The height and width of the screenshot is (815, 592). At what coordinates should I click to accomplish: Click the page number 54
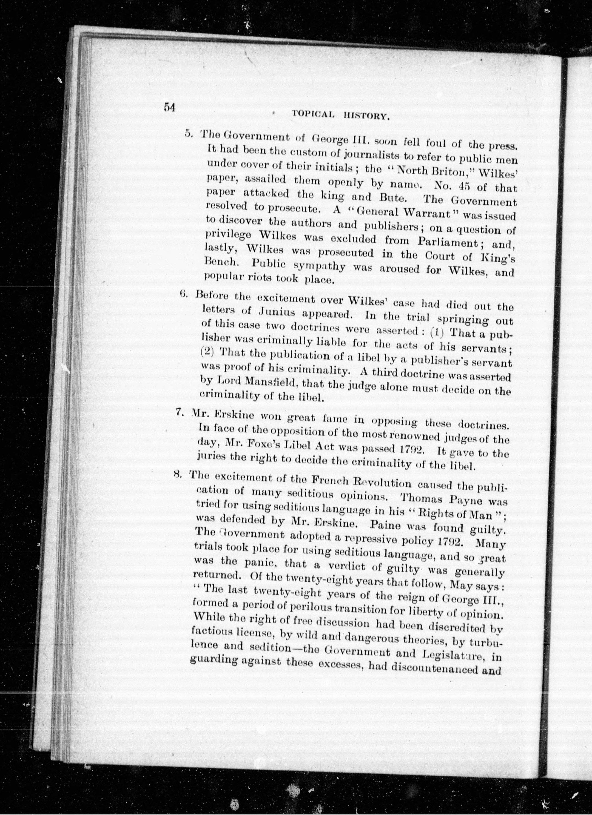[169, 107]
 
